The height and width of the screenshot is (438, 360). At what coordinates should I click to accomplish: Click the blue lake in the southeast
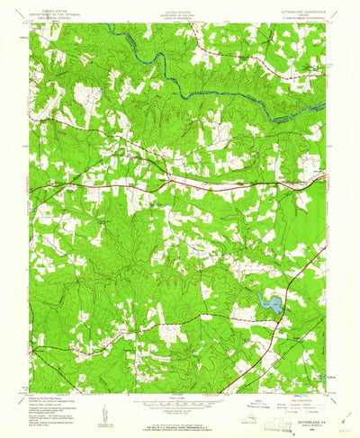(268, 307)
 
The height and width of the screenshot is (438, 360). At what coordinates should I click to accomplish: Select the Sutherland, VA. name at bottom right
(301, 406)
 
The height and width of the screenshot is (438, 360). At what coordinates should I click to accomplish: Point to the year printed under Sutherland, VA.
(301, 414)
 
